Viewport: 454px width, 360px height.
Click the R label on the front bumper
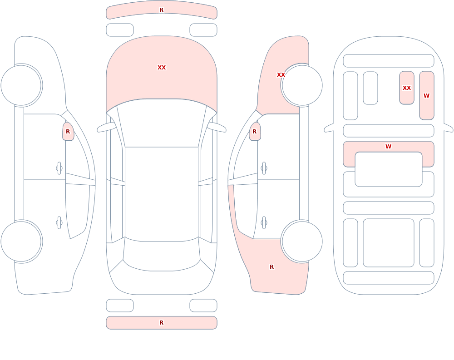click(162, 10)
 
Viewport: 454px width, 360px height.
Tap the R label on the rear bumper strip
click(162, 323)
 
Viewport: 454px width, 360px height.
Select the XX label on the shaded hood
click(162, 68)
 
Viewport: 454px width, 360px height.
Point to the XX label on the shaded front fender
click(281, 75)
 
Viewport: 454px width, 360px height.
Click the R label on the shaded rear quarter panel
click(271, 267)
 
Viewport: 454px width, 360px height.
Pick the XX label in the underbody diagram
click(407, 88)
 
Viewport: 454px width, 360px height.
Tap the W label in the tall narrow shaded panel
click(426, 96)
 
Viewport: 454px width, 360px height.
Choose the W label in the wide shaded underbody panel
click(389, 147)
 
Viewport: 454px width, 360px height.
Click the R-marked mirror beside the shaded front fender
click(255, 132)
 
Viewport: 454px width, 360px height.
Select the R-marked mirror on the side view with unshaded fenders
click(68, 132)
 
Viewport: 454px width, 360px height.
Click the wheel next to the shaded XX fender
click(302, 85)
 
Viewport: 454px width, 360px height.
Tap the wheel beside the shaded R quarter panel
click(302, 242)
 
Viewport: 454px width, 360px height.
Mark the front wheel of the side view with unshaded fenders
click(21, 85)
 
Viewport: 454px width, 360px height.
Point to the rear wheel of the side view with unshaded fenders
click(21, 242)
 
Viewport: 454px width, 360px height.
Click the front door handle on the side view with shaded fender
click(264, 168)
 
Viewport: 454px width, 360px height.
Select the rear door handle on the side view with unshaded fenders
click(59, 223)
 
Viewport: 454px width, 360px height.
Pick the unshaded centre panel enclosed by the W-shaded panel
click(389, 169)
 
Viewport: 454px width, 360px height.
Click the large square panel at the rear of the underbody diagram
click(389, 243)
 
